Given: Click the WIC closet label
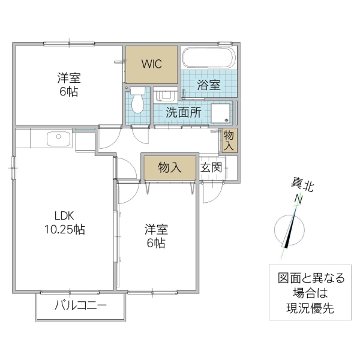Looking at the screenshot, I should [151, 65].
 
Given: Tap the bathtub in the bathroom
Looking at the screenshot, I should [208, 59].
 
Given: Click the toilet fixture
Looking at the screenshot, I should [138, 101].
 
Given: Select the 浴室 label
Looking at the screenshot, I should [208, 85].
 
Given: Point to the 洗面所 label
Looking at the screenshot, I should [183, 112].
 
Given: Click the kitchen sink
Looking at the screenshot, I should [58, 139].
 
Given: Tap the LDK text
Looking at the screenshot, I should [64, 215].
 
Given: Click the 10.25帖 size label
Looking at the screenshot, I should [64, 229].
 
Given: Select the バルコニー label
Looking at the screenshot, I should [80, 305].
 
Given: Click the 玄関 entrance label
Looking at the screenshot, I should [211, 167].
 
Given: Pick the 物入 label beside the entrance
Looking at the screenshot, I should [170, 168].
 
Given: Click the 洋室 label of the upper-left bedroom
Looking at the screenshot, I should [68, 78].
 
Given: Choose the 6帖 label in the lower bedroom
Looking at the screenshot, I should [155, 243].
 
